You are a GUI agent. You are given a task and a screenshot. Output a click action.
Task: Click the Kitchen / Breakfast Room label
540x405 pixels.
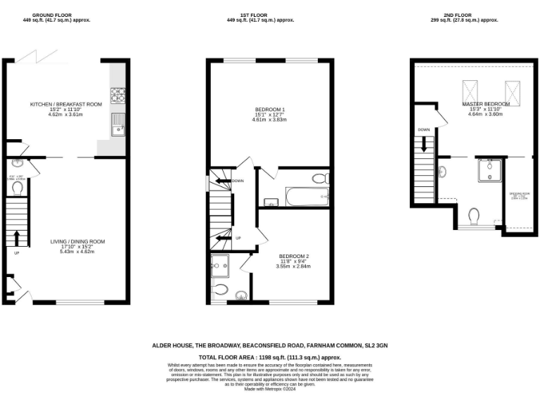click(65, 104)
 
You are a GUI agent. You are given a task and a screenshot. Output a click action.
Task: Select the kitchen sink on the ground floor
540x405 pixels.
click(117, 124)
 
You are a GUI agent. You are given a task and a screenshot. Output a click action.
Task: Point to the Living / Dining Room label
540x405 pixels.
click(77, 242)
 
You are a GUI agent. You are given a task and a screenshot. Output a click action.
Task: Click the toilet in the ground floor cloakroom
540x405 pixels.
click(15, 188)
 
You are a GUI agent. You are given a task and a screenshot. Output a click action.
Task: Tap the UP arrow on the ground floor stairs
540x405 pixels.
click(17, 238)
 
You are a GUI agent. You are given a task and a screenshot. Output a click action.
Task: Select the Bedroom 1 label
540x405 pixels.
click(270, 110)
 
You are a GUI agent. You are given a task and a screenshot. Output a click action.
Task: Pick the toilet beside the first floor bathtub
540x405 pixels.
click(319, 178)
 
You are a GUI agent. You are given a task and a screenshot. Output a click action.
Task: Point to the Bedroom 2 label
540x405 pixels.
click(294, 256)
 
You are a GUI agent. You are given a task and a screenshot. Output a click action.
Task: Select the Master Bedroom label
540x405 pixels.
click(485, 104)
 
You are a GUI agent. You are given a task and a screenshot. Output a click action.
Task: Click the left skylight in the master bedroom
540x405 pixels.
click(470, 91)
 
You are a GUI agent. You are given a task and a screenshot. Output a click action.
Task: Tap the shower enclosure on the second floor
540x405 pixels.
click(487, 169)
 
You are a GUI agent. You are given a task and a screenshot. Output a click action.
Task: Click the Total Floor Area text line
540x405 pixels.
click(269, 358)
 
